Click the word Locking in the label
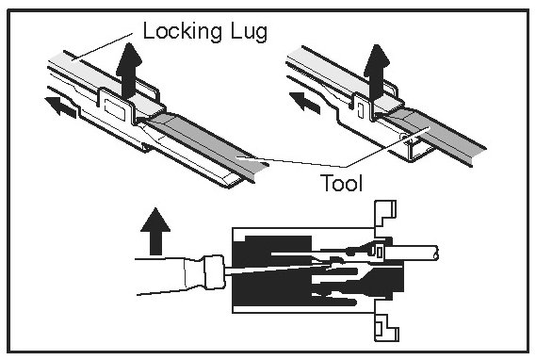[x=182, y=32]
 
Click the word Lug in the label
[x=248, y=32]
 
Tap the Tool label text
[x=342, y=183]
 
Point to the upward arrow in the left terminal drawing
[x=129, y=70]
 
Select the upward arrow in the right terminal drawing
[x=377, y=73]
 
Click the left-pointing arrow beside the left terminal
[x=60, y=107]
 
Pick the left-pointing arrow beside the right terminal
[x=304, y=103]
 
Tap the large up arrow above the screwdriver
[x=155, y=231]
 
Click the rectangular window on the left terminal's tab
[x=115, y=109]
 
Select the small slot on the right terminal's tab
[x=360, y=110]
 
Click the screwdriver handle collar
[x=214, y=272]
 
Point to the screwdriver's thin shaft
[x=277, y=269]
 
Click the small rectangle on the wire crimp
[x=379, y=252]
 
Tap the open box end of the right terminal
[x=420, y=151]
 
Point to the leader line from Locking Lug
[x=102, y=47]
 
